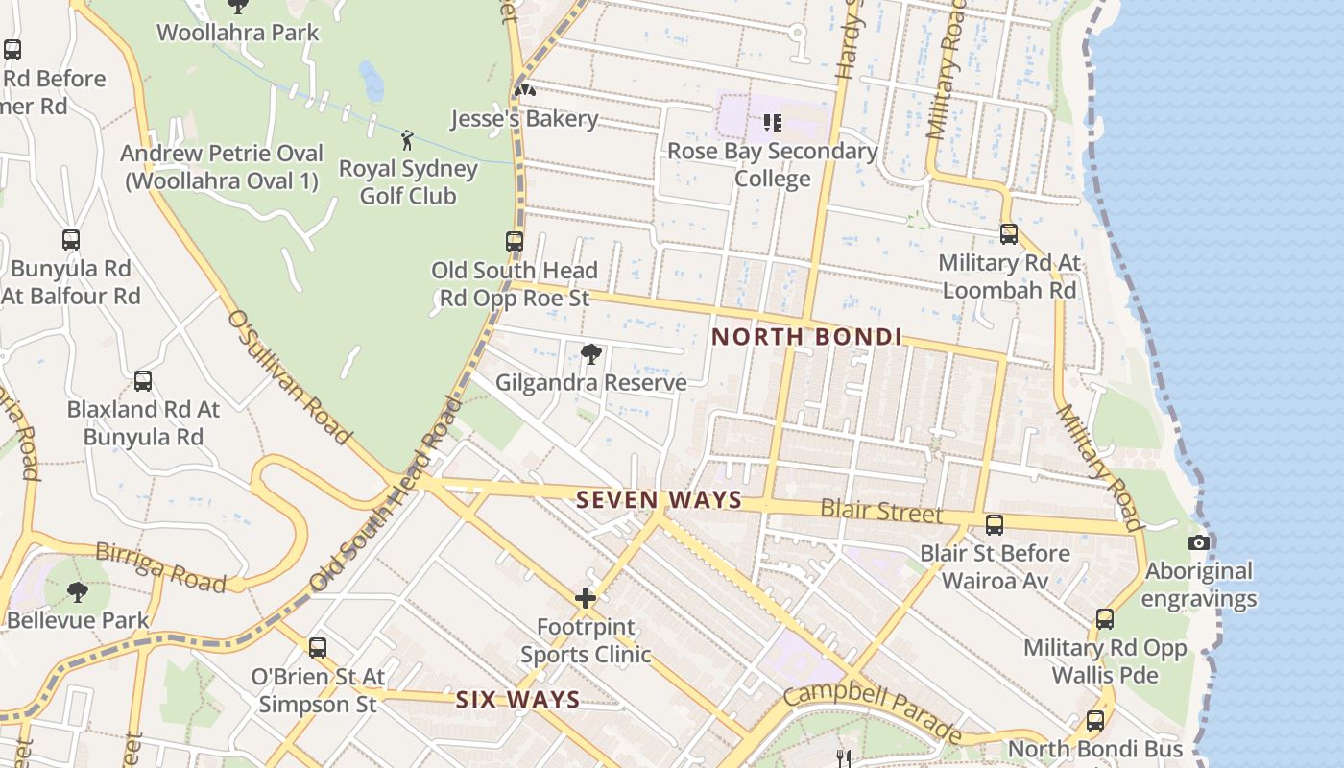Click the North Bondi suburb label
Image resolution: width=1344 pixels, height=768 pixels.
pyautogui.click(x=806, y=337)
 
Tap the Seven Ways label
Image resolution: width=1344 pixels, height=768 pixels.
pyautogui.click(x=659, y=500)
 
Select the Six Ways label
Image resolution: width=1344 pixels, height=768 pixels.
pyautogui.click(x=517, y=700)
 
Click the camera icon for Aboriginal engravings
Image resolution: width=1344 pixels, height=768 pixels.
pyautogui.click(x=1198, y=543)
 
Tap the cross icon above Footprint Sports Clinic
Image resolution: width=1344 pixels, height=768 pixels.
pyautogui.click(x=586, y=599)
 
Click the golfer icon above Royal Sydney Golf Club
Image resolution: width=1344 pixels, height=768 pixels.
pyautogui.click(x=407, y=140)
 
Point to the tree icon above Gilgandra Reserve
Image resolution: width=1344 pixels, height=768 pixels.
pyautogui.click(x=591, y=354)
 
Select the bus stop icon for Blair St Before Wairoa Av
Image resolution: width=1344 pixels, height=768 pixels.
pyautogui.click(x=995, y=525)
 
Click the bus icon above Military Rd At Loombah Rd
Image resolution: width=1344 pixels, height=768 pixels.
pyautogui.click(x=1009, y=234)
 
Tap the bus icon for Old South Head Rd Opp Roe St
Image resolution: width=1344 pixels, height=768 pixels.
pyautogui.click(x=515, y=242)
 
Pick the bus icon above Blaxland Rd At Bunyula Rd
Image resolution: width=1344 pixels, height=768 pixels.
pyautogui.click(x=143, y=381)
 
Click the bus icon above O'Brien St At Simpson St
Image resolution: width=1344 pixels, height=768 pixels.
pyautogui.click(x=318, y=648)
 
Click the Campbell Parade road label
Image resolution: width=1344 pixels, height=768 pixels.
pyautogui.click(x=872, y=712)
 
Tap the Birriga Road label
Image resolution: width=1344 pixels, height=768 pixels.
pyautogui.click(x=160, y=567)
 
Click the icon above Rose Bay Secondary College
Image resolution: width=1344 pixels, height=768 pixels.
pyautogui.click(x=772, y=123)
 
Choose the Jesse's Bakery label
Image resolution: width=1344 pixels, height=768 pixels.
pyautogui.click(x=525, y=119)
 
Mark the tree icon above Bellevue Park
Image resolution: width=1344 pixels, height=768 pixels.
pyautogui.click(x=78, y=592)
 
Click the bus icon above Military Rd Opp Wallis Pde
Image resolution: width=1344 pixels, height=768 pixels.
pyautogui.click(x=1105, y=619)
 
